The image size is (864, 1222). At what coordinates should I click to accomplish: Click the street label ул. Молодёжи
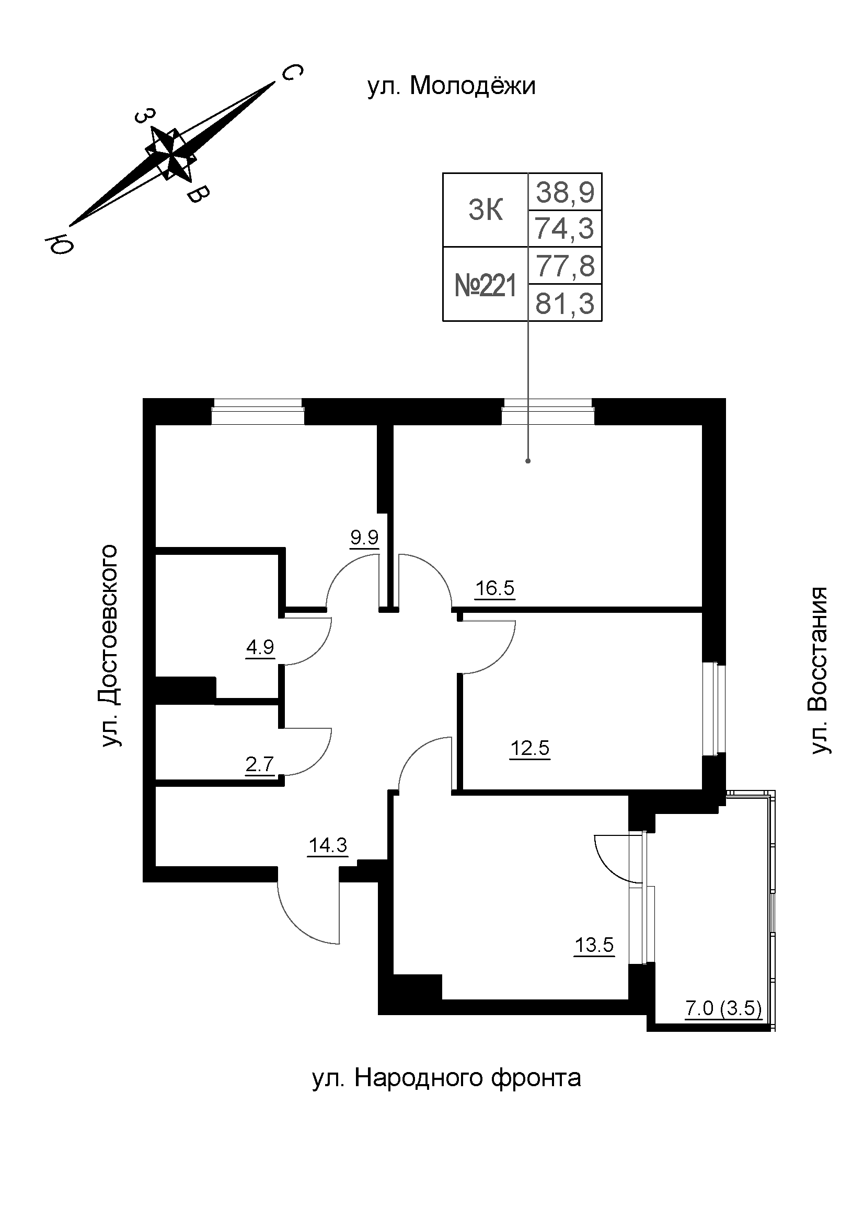pyautogui.click(x=451, y=87)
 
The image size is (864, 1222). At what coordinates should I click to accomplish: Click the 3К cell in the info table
pyautogui.click(x=485, y=210)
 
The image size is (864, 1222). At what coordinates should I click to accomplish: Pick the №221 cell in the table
pyautogui.click(x=485, y=286)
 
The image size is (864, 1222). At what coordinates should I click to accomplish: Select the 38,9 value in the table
pyautogui.click(x=565, y=192)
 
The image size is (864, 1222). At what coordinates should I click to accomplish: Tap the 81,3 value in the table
pyautogui.click(x=565, y=305)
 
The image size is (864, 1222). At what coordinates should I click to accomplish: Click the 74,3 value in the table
pyautogui.click(x=565, y=229)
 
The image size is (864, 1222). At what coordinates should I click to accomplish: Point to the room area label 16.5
pyautogui.click(x=494, y=588)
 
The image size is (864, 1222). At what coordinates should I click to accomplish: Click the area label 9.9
pyautogui.click(x=364, y=537)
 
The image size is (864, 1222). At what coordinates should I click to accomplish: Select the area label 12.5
pyautogui.click(x=529, y=748)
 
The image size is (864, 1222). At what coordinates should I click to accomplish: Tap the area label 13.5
pyautogui.click(x=594, y=945)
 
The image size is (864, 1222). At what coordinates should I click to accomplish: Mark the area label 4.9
pyautogui.click(x=260, y=647)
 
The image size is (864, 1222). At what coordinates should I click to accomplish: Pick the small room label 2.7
pyautogui.click(x=260, y=765)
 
